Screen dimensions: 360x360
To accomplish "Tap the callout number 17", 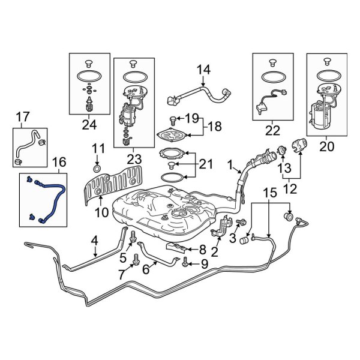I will point(22,116).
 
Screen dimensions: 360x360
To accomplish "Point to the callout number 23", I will point(134,160).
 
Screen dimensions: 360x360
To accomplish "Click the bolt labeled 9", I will point(185,263).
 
